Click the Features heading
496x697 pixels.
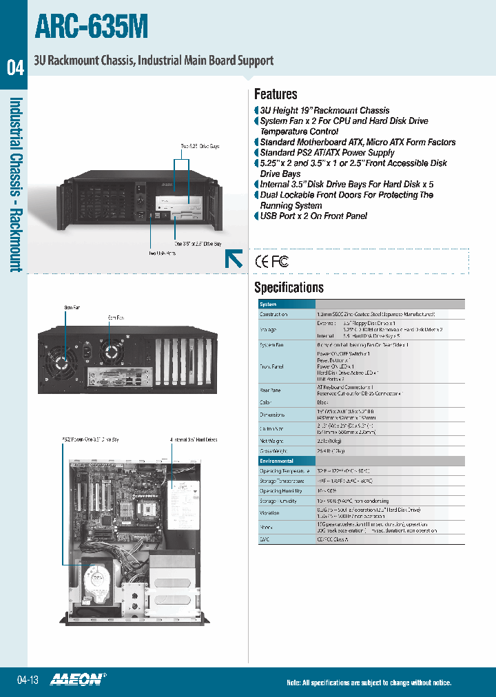pos(276,94)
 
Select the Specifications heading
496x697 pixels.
pos(289,287)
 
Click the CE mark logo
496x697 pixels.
pos(262,261)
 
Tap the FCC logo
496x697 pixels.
pos(279,261)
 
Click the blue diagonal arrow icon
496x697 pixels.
pos(234,258)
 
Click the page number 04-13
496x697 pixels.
pos(28,680)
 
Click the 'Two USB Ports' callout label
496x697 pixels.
pos(163,253)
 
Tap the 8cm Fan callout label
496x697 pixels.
pos(72,306)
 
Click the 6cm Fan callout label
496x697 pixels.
pos(116,318)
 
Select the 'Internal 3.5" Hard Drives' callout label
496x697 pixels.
pos(194,439)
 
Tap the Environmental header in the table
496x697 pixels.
pos(276,461)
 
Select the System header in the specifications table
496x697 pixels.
pos(268,304)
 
